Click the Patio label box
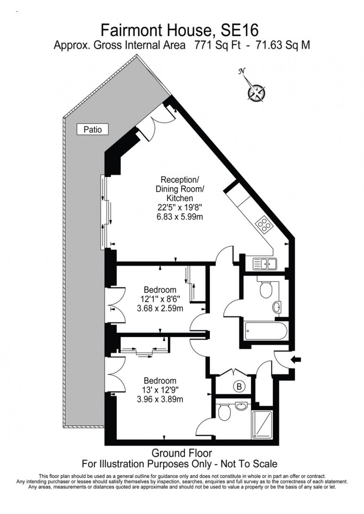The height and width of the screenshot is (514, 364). pyautogui.click(x=92, y=129)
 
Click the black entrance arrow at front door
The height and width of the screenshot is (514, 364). pyautogui.click(x=298, y=359)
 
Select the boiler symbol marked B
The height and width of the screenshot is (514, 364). pyautogui.click(x=239, y=387)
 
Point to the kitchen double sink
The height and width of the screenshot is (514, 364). pyautogui.click(x=264, y=264)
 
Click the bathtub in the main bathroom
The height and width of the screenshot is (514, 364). pyautogui.click(x=266, y=330)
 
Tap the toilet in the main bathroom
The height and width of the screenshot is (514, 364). pyautogui.click(x=266, y=289)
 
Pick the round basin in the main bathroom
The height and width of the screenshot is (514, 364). pyautogui.click(x=277, y=307)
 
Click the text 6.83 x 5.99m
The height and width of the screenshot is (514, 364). pyautogui.click(x=180, y=217)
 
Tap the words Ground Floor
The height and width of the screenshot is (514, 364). pyautogui.click(x=182, y=453)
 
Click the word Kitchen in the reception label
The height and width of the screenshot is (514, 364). pyautogui.click(x=180, y=198)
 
